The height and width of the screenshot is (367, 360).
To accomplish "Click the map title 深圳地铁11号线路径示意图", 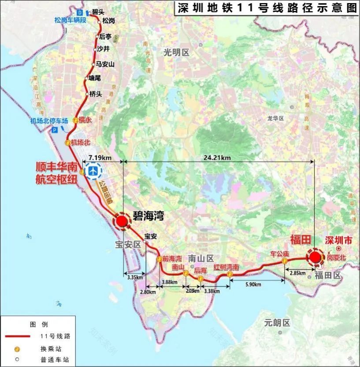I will coord(266,7).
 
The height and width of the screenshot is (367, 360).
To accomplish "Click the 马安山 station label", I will coord(105,64).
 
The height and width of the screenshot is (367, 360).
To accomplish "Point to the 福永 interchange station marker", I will coord(76,120).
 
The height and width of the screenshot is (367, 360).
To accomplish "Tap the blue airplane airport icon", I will coord(93,171).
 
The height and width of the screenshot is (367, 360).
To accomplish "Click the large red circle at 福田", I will coord(315,257).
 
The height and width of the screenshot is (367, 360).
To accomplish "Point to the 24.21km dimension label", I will coord(219,158).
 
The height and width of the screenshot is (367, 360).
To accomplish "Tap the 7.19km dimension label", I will coord(100,158).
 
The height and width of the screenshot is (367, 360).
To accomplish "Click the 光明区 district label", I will coord(176,52).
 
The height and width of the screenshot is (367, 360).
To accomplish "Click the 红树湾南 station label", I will coord(226,267).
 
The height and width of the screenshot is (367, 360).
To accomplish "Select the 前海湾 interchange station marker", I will coord(159,259).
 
